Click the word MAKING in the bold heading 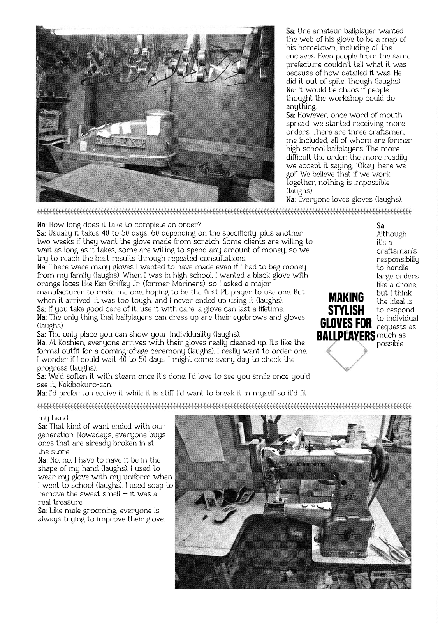[346, 298]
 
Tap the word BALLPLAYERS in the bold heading [346, 335]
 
